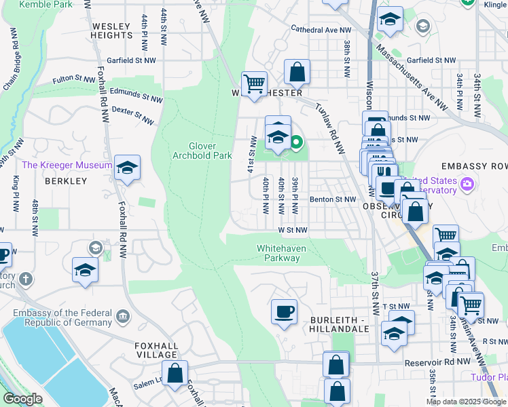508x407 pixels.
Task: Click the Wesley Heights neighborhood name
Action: (110, 30)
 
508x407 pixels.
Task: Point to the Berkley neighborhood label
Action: (66, 181)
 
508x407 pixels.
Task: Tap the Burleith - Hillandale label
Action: (339, 324)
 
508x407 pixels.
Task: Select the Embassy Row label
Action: (473, 166)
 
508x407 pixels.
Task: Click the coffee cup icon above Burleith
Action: (284, 312)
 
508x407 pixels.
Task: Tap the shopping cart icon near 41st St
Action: (254, 84)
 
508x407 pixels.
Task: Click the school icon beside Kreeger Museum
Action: (127, 168)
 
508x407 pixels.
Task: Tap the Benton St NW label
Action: (333, 199)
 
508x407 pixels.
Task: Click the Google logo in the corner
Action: (23, 399)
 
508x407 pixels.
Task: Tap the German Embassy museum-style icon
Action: (124, 316)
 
